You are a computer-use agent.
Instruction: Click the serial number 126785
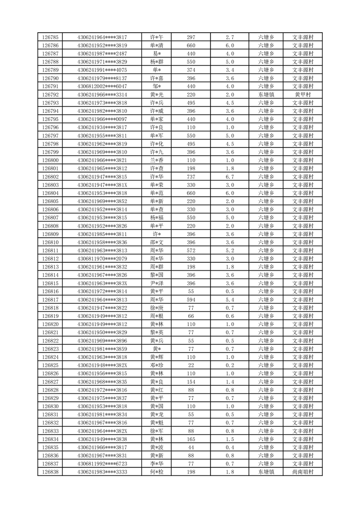[x=50, y=37]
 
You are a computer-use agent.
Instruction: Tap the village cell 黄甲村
[x=302, y=95]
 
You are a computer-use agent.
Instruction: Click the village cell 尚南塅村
[x=302, y=472]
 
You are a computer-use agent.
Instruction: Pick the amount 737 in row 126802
[x=191, y=177]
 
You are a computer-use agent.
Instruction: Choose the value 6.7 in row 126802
[x=229, y=177]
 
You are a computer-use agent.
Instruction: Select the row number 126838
[x=50, y=472]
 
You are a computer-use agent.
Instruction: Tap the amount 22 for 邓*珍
[x=191, y=365]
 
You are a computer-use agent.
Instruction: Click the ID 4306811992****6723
[x=102, y=464]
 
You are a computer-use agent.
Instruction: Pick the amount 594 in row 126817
[x=191, y=300]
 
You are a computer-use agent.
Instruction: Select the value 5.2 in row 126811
[x=229, y=251]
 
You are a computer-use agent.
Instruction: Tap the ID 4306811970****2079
[x=102, y=259]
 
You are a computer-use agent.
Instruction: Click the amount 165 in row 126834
[x=191, y=439]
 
